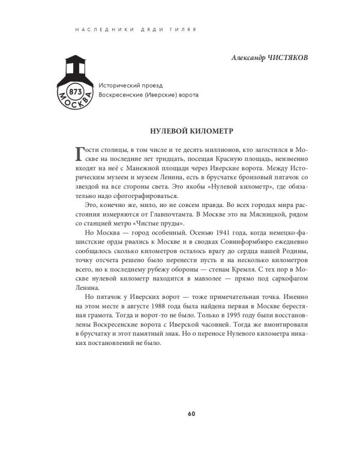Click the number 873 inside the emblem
click(x=76, y=92)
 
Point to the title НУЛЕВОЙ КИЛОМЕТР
click(x=191, y=129)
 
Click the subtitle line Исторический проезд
click(x=129, y=85)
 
